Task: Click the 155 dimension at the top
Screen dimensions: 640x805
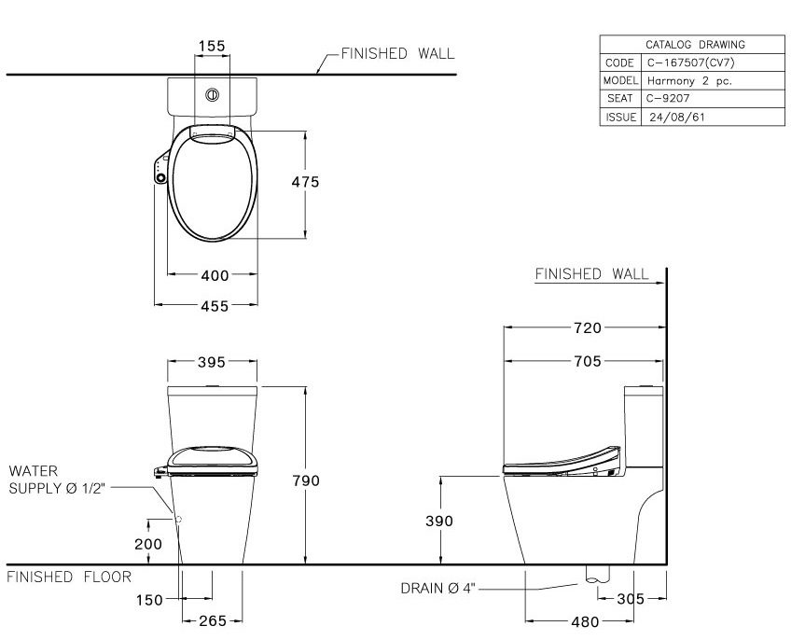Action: [x=212, y=46]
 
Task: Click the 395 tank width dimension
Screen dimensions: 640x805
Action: [x=213, y=362]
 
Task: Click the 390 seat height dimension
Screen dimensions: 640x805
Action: [x=438, y=522]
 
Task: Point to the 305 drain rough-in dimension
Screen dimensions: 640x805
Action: [x=632, y=598]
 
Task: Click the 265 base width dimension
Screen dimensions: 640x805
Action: [x=213, y=619]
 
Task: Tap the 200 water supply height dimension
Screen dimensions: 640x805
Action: [x=148, y=543]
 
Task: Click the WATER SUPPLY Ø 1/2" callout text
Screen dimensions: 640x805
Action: [x=58, y=481]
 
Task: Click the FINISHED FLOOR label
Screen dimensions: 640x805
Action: [x=69, y=577]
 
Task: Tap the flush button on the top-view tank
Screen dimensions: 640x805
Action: [x=213, y=94]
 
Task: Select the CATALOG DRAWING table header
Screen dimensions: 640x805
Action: [x=695, y=44]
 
